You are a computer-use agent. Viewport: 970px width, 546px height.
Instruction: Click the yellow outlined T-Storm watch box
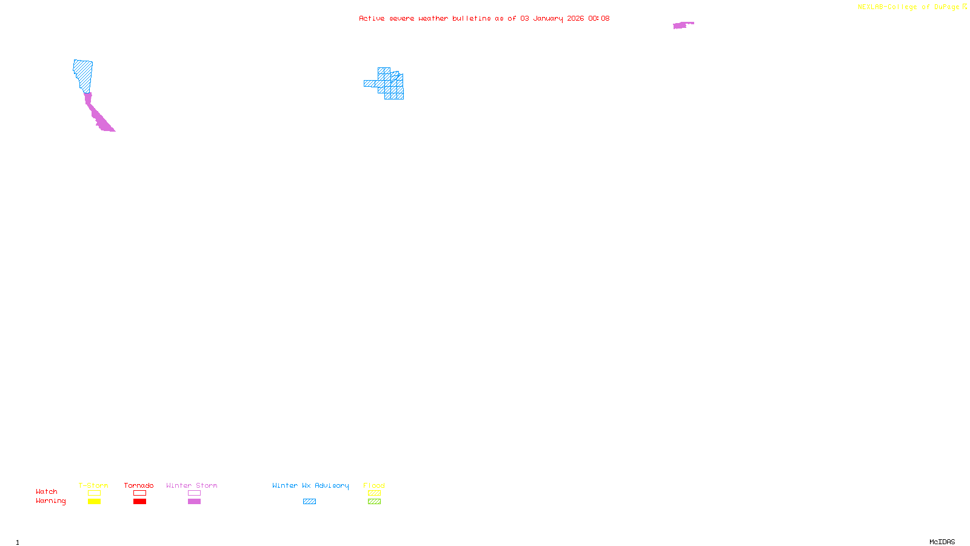click(94, 493)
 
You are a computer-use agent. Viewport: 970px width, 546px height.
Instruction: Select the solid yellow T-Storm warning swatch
click(94, 502)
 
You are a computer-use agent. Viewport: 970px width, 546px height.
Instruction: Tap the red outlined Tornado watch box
click(139, 493)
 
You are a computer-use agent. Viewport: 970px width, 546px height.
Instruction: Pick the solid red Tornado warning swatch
click(139, 502)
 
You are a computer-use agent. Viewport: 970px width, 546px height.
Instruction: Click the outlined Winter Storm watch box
click(194, 493)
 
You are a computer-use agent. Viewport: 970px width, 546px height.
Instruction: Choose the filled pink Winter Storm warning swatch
click(194, 502)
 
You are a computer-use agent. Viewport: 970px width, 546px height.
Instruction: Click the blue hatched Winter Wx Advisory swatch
click(309, 502)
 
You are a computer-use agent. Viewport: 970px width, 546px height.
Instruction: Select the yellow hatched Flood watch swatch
click(374, 493)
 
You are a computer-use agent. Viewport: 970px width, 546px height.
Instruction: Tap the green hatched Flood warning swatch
click(374, 502)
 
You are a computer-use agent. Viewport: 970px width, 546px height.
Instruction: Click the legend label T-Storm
click(93, 485)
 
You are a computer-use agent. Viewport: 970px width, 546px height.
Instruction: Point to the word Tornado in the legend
click(139, 485)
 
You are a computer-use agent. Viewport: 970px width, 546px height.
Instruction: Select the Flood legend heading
click(374, 485)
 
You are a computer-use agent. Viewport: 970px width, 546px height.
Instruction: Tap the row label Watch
click(47, 492)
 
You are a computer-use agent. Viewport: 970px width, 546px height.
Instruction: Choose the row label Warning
click(50, 501)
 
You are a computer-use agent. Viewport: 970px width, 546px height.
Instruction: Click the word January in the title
click(548, 19)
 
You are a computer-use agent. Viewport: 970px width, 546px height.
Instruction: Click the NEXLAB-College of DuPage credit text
click(909, 7)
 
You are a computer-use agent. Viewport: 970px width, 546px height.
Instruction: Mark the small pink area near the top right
click(682, 25)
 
